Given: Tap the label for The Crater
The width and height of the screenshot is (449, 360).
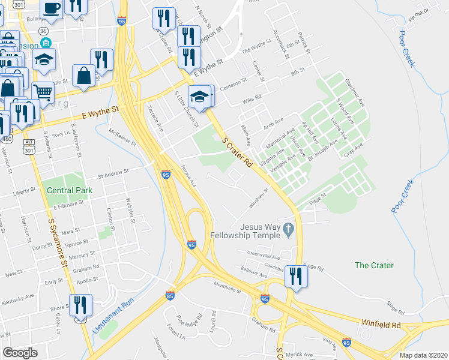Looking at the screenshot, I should [x=374, y=265].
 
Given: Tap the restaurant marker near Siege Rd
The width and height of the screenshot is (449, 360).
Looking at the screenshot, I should [x=296, y=276].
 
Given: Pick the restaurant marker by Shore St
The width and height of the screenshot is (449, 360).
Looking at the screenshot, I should [x=80, y=305].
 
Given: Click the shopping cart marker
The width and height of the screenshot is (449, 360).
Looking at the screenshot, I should [x=43, y=92].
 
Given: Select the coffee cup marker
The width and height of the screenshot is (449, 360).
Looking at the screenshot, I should [x=52, y=8].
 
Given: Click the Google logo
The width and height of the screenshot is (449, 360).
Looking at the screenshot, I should [x=20, y=352].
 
